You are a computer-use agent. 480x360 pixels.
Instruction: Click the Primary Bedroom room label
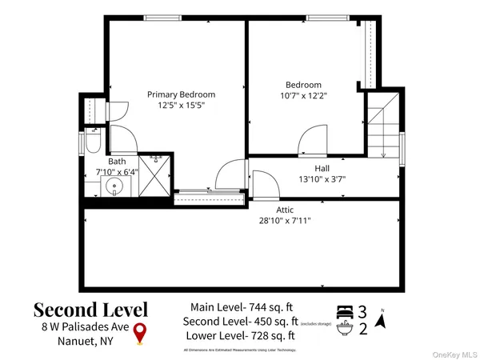(x=181, y=94)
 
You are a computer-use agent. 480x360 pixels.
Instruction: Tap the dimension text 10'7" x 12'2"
(x=304, y=95)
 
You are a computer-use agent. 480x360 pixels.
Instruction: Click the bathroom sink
(x=115, y=189)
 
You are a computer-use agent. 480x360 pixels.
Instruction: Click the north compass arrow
(x=381, y=322)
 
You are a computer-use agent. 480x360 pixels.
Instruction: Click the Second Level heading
(x=90, y=309)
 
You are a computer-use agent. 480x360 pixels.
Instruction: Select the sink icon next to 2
(x=346, y=327)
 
